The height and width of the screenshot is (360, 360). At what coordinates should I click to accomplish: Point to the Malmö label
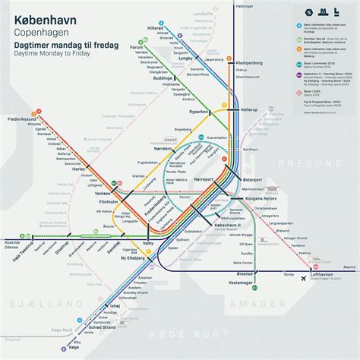[349, 267]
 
